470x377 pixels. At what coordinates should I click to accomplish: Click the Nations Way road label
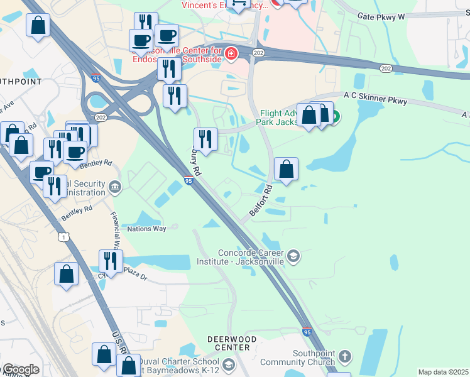[x=146, y=229]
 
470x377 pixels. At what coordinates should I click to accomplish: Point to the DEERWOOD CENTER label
[x=232, y=343]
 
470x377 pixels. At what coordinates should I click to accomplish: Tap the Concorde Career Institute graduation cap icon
[x=293, y=256]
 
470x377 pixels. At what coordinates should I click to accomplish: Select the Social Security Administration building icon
[x=115, y=186]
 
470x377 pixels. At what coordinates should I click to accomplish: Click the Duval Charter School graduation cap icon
[x=228, y=365]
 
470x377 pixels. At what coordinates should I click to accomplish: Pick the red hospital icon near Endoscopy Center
[x=231, y=54]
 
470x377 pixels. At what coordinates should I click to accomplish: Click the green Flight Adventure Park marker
[x=334, y=116]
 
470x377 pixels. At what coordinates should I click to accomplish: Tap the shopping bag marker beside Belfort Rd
[x=286, y=169]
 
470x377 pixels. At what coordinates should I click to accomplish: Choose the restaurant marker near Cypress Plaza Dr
[x=111, y=261]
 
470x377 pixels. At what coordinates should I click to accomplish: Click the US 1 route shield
[x=62, y=236]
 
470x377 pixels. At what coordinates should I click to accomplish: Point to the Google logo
[x=21, y=369]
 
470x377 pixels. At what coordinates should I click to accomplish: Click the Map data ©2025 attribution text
[x=442, y=372]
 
